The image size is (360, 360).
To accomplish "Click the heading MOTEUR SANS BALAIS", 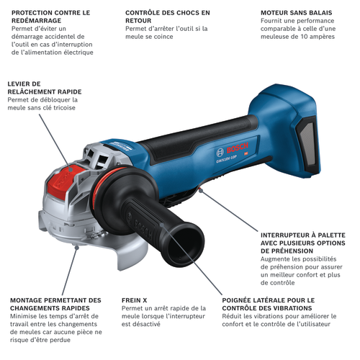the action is point(297,13).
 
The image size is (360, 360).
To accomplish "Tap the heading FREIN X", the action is point(134,300).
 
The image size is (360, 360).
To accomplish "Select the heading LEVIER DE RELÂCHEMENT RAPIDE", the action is point(45,88).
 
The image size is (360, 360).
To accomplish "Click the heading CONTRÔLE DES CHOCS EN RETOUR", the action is point(168,17).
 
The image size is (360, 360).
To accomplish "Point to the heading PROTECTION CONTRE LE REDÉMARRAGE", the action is point(50,17).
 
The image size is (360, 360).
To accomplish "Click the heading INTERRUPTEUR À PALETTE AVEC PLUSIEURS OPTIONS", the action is point(303,243).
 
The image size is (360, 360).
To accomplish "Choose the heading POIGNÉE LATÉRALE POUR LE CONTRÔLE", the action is point(269,304).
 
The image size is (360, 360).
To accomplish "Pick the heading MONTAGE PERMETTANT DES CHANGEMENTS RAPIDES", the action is point(55,304).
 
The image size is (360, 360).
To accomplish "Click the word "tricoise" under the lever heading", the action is point(64,108).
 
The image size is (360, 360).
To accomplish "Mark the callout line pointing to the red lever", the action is point(55,142).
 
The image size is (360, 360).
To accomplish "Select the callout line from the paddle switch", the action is point(230,210).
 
